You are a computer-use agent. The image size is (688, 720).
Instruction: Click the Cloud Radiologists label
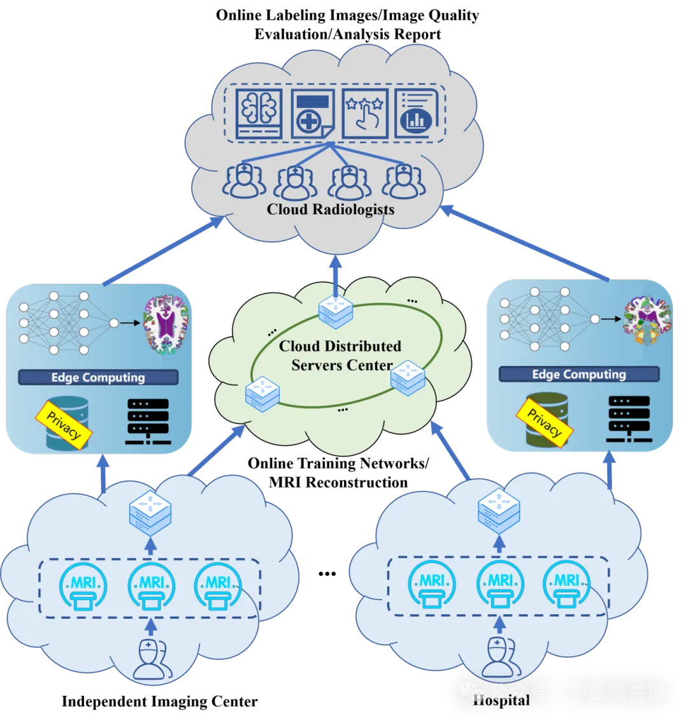(330, 209)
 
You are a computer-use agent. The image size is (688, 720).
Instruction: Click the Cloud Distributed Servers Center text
(341, 356)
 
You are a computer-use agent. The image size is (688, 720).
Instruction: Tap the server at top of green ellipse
(336, 308)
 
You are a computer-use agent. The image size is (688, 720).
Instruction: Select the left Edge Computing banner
(98, 378)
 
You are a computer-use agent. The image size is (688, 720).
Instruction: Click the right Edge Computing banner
(578, 374)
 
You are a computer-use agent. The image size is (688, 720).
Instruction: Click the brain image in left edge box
(166, 323)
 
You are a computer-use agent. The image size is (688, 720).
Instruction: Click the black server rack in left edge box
(148, 421)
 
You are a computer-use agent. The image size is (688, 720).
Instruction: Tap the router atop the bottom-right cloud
(499, 510)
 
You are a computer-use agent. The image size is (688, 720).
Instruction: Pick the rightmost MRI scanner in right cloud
(566, 585)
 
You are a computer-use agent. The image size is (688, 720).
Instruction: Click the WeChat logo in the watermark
(472, 691)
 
